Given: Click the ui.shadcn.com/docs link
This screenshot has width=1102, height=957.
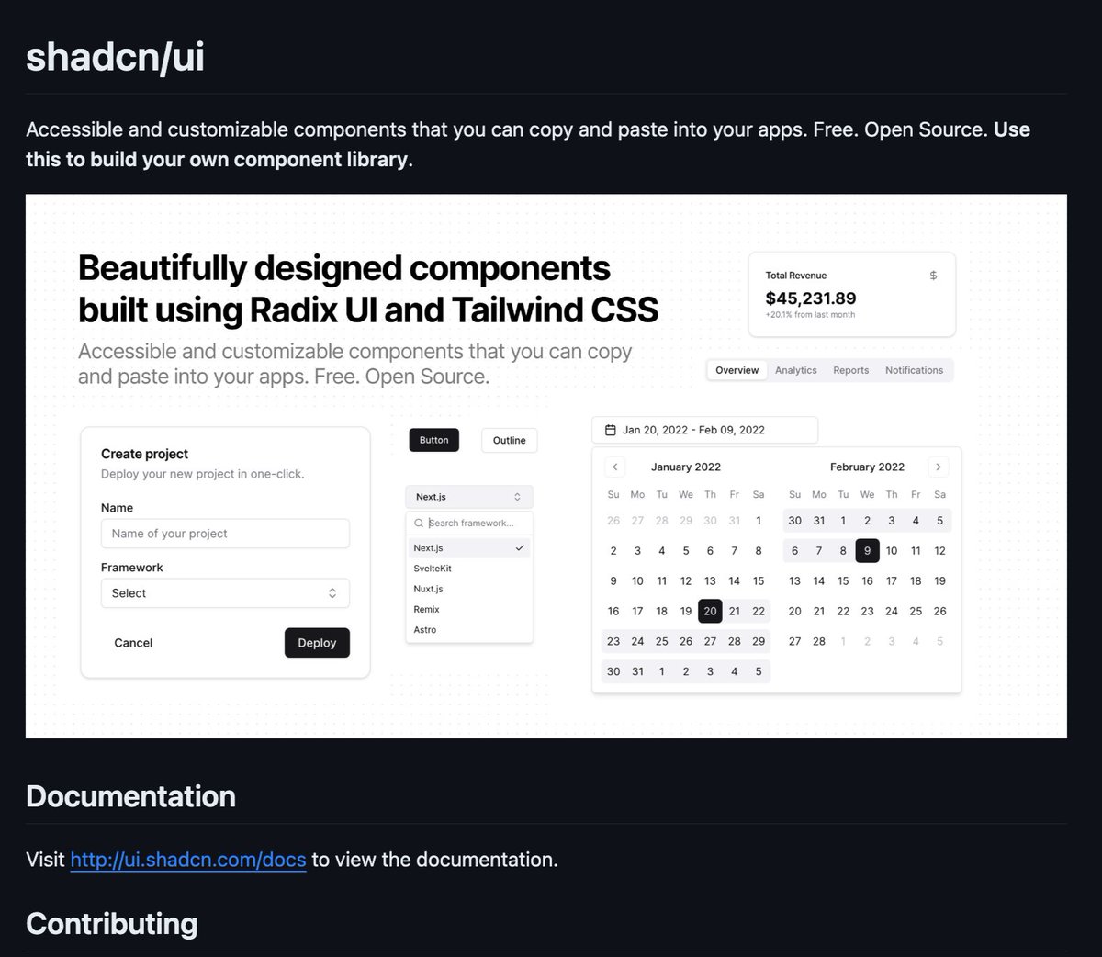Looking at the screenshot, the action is coord(187,860).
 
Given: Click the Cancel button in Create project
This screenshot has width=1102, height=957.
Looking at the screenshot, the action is coord(133,643).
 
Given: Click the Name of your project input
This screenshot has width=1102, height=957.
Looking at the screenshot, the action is coord(225,534).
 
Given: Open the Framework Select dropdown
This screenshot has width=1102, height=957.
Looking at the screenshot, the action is coord(225,593).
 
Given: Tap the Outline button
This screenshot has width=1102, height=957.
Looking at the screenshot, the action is coord(509,440).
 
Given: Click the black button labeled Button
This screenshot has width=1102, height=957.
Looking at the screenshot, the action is coord(433,440).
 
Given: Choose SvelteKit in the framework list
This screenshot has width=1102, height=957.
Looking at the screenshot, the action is coord(433,569).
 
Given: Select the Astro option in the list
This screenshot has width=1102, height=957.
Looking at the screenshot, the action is coord(425,630).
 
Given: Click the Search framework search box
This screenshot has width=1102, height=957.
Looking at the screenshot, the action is coord(470,524).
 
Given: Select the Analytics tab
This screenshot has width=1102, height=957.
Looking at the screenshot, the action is coord(795,370).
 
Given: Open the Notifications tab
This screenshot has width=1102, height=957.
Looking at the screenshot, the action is coord(914,370).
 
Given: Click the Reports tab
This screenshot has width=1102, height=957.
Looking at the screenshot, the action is coord(850,370).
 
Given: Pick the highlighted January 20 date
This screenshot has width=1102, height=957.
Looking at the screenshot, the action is coord(710,611).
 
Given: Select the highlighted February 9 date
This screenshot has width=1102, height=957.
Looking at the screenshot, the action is coord(867,551).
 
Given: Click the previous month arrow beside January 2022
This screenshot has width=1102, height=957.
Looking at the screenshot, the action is coord(615,467).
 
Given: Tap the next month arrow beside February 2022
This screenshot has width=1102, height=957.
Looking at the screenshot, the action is coord(938,467).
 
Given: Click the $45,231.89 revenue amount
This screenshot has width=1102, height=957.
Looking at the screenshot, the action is coord(811,298).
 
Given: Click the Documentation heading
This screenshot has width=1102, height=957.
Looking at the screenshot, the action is coord(130,796).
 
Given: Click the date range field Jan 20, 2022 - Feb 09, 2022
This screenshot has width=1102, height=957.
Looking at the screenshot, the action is coord(704,430).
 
